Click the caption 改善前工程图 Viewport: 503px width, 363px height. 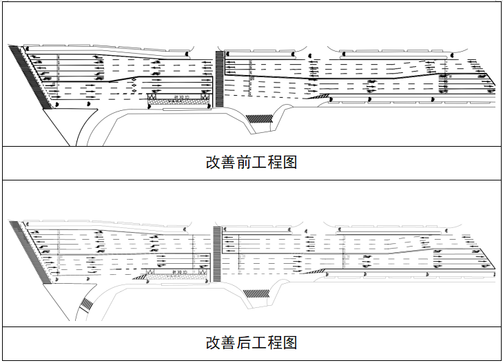click(x=251, y=163)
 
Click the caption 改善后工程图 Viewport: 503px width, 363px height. click(x=251, y=342)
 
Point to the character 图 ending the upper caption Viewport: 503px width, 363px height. click(x=289, y=163)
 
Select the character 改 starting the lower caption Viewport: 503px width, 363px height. click(x=213, y=342)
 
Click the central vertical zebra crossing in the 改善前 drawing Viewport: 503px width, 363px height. click(x=219, y=78)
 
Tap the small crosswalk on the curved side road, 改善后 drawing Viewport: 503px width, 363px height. click(x=86, y=304)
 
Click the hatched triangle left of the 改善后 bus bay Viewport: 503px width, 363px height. click(x=141, y=276)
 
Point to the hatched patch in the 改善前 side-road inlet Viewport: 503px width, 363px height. click(x=260, y=118)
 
